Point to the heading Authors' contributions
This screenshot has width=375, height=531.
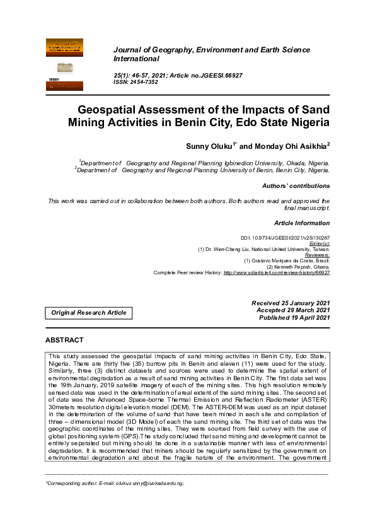click(296, 186)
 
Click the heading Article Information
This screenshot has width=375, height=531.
click(302, 223)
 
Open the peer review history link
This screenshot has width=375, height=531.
click(277, 272)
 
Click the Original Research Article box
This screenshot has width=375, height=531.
click(88, 313)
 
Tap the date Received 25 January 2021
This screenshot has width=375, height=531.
click(291, 303)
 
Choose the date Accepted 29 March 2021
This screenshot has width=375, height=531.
click(293, 310)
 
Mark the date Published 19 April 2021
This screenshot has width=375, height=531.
click(294, 317)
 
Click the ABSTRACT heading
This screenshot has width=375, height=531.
click(64, 340)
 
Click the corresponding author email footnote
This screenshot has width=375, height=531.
click(114, 483)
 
